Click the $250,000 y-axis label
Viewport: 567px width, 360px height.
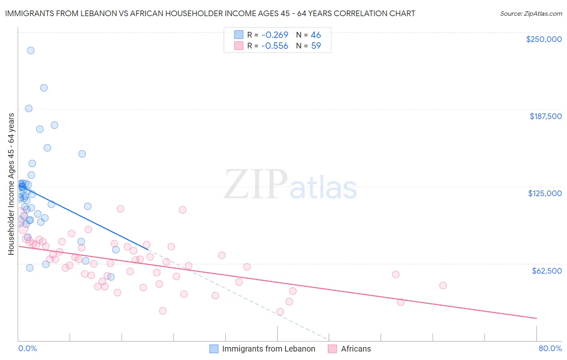click(x=544, y=39)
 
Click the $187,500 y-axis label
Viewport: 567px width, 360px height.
click(x=546, y=116)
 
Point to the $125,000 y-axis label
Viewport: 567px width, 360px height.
click(x=545, y=193)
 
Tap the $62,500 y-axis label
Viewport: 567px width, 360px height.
click(x=547, y=271)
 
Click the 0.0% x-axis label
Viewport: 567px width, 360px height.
click(x=27, y=348)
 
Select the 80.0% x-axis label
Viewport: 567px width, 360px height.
click(x=550, y=348)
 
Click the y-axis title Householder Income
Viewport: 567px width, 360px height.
click(x=11, y=184)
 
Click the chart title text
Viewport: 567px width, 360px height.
click(x=210, y=13)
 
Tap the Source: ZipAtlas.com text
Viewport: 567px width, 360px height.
click(x=531, y=13)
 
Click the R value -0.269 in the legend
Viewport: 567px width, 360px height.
click(x=275, y=35)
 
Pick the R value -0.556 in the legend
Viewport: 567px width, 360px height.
click(x=275, y=46)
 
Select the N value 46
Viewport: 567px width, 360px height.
click(x=316, y=35)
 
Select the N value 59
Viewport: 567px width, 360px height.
click(x=316, y=46)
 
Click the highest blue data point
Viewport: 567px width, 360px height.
click(x=31, y=50)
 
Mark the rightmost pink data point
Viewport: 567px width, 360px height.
click(x=443, y=285)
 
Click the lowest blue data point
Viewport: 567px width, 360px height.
click(x=111, y=277)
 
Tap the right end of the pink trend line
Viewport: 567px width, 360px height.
click(x=536, y=318)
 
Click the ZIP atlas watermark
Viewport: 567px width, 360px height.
click(x=290, y=185)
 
